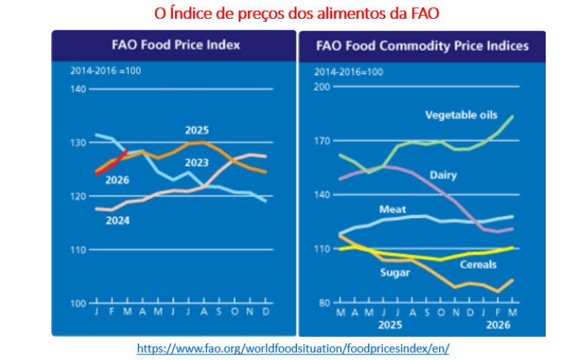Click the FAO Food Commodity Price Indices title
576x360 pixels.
coord(422,46)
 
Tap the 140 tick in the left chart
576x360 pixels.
coord(78,89)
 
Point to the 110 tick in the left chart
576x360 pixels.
coord(78,249)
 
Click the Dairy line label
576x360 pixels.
coord(444,175)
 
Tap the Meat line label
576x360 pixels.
coord(392,209)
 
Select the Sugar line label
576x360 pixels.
coord(395,272)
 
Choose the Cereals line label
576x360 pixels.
coord(478,264)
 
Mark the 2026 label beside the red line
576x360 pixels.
coord(117,180)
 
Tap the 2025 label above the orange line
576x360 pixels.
coord(197,130)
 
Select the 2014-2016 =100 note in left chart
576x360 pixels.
coord(100,71)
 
